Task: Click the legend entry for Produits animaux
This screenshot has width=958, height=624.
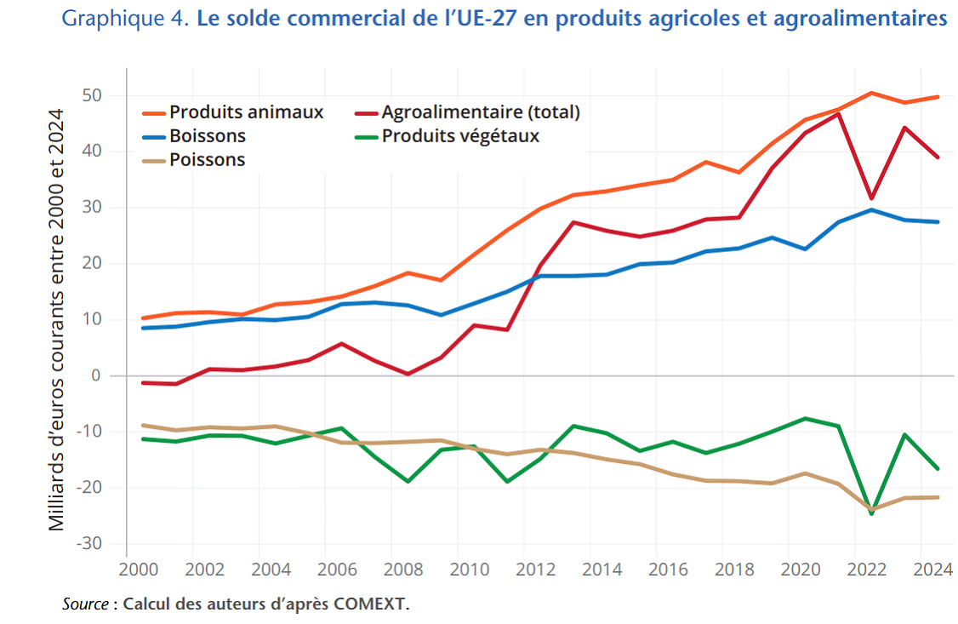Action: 246,112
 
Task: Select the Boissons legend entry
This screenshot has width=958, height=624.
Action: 207,135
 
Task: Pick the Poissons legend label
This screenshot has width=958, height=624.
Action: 207,159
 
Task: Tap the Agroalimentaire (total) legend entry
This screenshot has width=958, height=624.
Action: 480,112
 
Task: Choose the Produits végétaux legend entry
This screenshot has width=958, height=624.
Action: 460,135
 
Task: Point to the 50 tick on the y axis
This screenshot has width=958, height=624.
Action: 93,95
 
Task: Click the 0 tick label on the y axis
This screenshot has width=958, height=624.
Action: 97,375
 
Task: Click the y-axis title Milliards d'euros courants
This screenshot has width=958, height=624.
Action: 56,319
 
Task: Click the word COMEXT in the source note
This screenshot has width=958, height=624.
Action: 373,605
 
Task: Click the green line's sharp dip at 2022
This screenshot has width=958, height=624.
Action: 872,513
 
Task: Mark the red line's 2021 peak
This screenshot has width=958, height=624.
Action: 839,114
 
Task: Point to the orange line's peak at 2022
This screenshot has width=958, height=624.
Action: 872,93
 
